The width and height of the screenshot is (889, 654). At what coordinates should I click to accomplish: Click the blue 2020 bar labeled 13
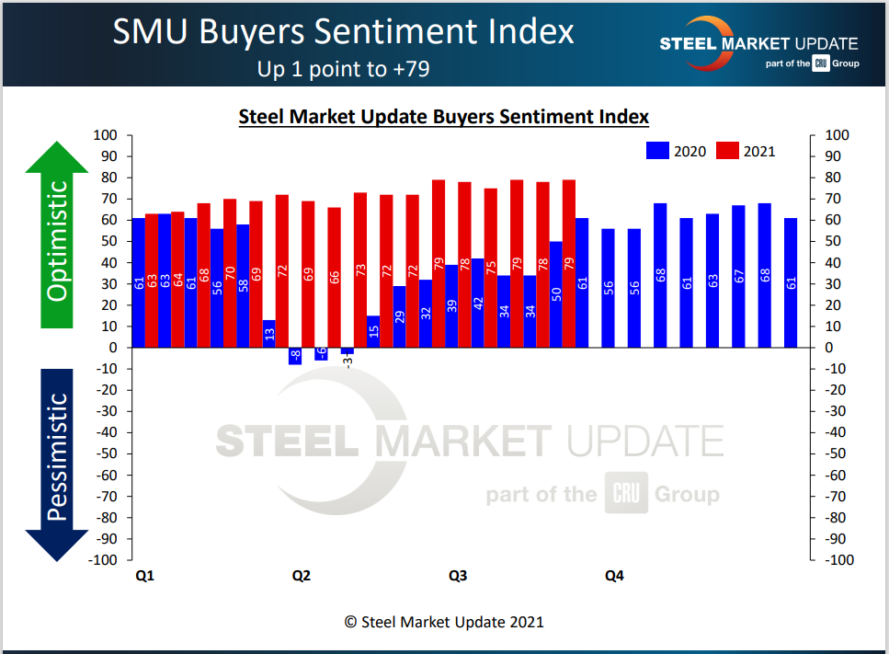tap(268, 334)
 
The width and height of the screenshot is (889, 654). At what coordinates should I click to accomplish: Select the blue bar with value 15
tap(373, 332)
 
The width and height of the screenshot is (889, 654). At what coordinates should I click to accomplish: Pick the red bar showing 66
tap(335, 278)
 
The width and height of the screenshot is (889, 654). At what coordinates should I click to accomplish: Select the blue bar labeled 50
tap(556, 294)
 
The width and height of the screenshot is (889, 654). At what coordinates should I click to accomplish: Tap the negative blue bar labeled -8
tap(295, 356)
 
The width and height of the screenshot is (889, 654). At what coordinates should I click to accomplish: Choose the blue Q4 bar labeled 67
tap(738, 276)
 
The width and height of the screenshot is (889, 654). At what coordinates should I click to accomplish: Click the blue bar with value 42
tap(478, 304)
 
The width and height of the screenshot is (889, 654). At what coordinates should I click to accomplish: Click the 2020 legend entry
tap(677, 151)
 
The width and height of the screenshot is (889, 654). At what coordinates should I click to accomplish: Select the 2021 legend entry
tap(746, 151)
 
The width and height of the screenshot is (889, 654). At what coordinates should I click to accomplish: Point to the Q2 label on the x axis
tap(302, 576)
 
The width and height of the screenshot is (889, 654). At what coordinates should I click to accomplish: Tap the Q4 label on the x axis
tap(614, 576)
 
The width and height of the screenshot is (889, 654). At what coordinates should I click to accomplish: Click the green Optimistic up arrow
tap(57, 235)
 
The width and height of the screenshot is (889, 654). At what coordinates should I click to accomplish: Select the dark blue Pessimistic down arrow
tap(57, 460)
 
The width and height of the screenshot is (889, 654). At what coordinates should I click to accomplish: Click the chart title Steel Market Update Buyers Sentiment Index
tap(444, 117)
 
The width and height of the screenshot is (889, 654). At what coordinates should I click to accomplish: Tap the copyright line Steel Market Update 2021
tap(444, 622)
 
